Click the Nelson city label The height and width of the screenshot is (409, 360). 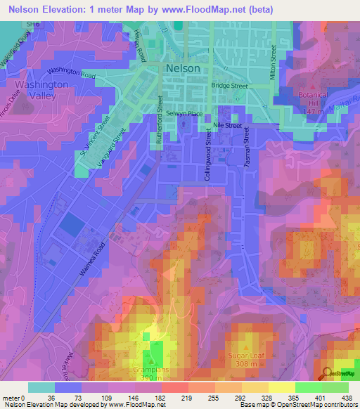183,68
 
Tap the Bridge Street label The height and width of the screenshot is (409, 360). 230,85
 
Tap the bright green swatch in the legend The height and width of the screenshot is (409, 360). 309,387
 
